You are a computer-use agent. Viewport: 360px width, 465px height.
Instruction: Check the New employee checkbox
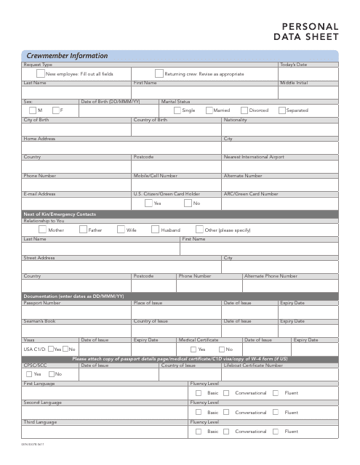(x=40, y=73)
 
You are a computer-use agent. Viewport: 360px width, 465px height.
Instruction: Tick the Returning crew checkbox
(x=159, y=73)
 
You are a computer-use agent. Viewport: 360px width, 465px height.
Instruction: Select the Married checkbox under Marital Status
(x=208, y=110)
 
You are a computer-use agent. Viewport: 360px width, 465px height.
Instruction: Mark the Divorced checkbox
(x=244, y=110)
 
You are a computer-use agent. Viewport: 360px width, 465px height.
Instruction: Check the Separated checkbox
(x=282, y=110)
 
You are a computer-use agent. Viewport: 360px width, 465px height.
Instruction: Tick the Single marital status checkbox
(x=177, y=110)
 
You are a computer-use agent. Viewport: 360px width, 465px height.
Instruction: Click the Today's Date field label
(x=294, y=65)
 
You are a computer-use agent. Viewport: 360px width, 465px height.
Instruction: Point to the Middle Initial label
(x=294, y=84)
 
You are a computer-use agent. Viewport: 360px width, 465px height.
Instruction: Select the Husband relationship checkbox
(x=155, y=230)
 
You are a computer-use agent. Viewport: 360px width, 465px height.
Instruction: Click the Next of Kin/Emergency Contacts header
(x=59, y=214)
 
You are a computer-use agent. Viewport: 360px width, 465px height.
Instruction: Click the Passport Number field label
(x=42, y=302)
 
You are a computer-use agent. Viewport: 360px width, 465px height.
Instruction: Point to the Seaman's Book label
(x=39, y=320)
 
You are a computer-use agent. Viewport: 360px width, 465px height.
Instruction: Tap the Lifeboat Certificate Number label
(x=253, y=365)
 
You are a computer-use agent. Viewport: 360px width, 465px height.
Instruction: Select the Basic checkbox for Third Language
(x=198, y=431)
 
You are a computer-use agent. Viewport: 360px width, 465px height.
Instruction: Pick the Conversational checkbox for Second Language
(x=228, y=412)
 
